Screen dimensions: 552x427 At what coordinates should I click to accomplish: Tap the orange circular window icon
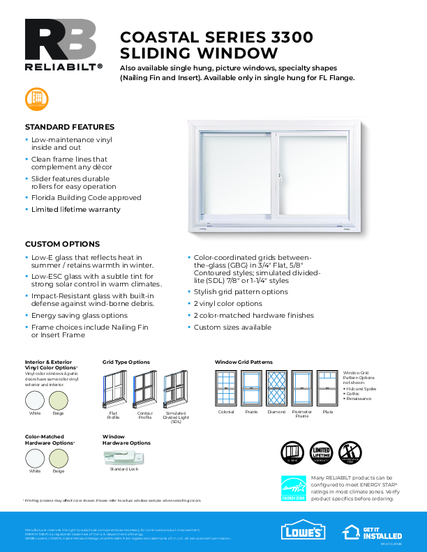(x=36, y=99)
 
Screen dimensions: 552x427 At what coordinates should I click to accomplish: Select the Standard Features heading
(x=70, y=127)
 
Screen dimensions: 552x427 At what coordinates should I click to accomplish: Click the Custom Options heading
(x=62, y=244)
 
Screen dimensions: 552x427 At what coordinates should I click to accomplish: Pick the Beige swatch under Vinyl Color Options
(x=58, y=399)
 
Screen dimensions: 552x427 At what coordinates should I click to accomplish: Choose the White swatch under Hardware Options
(x=35, y=458)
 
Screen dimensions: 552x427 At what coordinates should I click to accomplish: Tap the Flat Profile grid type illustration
(x=113, y=390)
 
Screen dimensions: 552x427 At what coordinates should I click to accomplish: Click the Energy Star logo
(x=292, y=488)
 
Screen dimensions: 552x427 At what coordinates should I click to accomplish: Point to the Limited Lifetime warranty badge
(x=320, y=452)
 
